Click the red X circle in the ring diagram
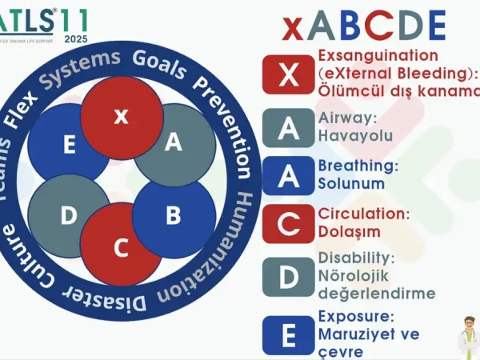121,116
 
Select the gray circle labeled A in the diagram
174,143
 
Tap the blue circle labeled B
174,216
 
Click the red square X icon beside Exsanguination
289,74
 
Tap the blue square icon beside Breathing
289,176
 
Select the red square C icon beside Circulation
289,224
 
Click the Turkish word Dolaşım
350,231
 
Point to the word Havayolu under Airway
355,135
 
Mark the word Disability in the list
356,258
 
